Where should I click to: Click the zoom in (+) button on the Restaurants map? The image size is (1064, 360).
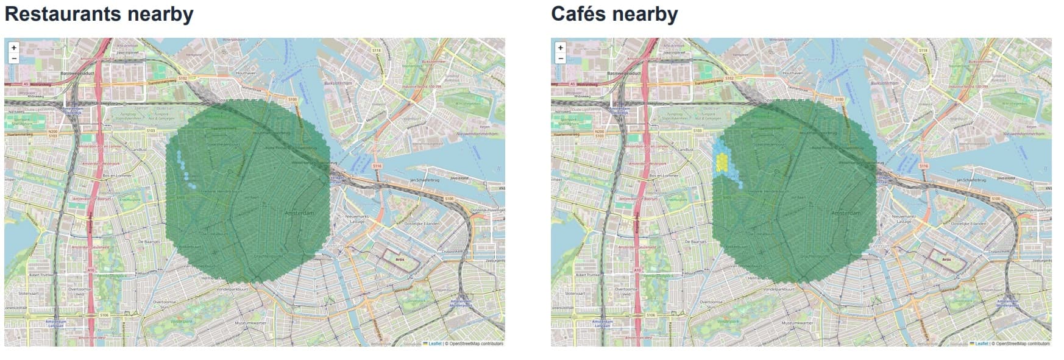(13, 48)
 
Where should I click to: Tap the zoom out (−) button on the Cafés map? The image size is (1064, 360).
(560, 58)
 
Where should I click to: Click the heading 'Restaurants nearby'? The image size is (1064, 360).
(99, 14)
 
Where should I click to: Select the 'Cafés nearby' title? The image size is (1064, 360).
(614, 14)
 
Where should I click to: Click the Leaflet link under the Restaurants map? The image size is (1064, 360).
(434, 344)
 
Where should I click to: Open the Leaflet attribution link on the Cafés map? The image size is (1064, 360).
(981, 344)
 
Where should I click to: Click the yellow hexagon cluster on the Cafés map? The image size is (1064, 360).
(722, 161)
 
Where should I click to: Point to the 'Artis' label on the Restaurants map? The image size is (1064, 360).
(400, 259)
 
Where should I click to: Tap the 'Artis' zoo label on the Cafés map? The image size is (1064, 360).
(946, 259)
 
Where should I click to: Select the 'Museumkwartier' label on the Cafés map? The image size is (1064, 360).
(798, 322)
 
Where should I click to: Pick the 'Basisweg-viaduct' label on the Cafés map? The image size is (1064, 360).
(623, 73)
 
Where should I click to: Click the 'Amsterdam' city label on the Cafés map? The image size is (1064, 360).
(846, 213)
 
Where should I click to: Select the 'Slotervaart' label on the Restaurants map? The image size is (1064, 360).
(29, 293)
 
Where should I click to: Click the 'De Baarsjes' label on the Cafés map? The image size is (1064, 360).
(695, 242)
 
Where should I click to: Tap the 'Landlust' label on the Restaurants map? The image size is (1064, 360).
(140, 149)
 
